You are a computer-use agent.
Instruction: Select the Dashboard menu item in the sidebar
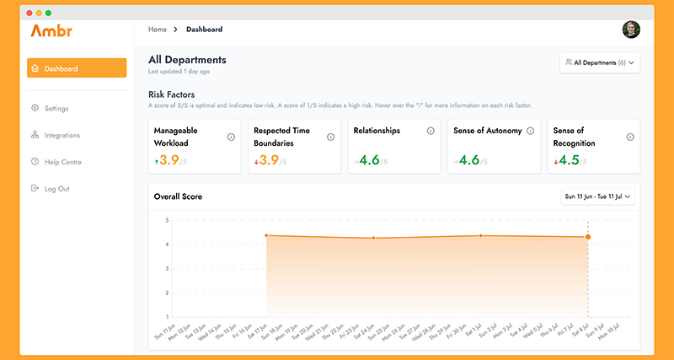click(77, 68)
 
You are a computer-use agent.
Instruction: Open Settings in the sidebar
click(56, 109)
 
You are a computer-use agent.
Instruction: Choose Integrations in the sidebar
click(62, 135)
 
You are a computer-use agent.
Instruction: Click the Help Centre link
click(62, 162)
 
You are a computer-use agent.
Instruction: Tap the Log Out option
click(56, 189)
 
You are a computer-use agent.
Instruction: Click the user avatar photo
click(631, 30)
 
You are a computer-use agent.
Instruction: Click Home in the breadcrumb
click(158, 30)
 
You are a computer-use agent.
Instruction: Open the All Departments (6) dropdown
click(599, 62)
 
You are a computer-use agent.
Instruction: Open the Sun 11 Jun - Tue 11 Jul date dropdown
click(598, 196)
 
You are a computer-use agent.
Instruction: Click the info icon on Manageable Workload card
click(231, 137)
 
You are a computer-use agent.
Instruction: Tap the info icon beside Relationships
click(431, 132)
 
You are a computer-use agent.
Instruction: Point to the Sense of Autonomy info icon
click(530, 132)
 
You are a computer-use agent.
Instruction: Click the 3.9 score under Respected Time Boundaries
click(270, 160)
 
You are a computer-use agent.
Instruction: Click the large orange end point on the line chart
click(588, 237)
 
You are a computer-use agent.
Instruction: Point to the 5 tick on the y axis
click(167, 220)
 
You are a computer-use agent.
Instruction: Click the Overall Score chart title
click(178, 196)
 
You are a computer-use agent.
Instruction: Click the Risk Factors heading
click(173, 94)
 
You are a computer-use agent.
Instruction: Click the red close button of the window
click(29, 13)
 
